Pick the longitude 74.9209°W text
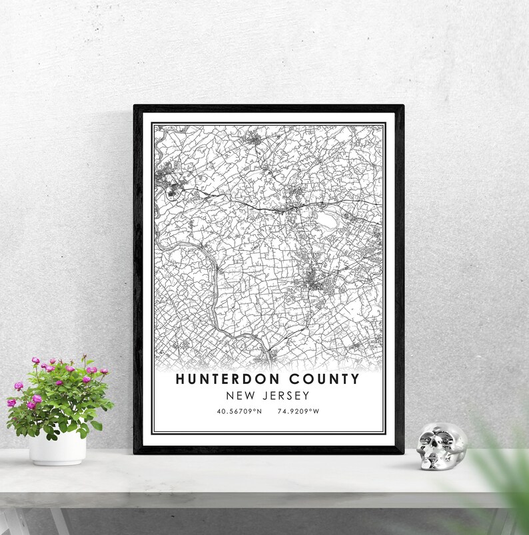297,411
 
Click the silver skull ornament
441,447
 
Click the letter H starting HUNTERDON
180,380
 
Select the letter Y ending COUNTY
354,380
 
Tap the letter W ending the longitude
316,411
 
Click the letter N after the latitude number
259,411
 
